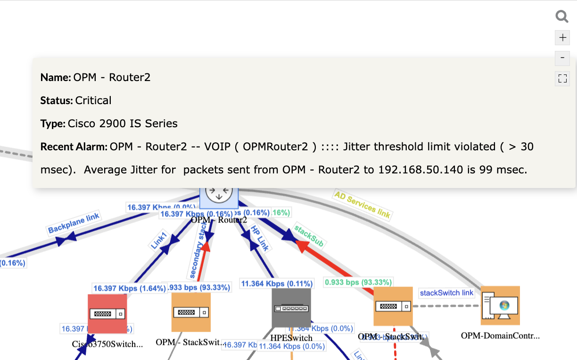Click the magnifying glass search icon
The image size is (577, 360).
pyautogui.click(x=562, y=17)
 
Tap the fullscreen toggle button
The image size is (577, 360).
pyautogui.click(x=562, y=78)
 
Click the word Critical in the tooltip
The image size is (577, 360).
pyautogui.click(x=93, y=100)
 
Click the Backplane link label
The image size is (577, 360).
pyautogui.click(x=74, y=223)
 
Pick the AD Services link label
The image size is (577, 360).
pyautogui.click(x=362, y=205)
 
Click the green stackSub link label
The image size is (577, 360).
pyautogui.click(x=309, y=235)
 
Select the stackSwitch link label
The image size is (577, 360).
pyautogui.click(x=446, y=293)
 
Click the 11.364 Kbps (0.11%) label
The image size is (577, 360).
pyautogui.click(x=277, y=284)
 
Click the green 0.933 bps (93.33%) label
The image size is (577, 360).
pyautogui.click(x=358, y=282)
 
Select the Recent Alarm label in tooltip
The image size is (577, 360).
pyautogui.click(x=74, y=147)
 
